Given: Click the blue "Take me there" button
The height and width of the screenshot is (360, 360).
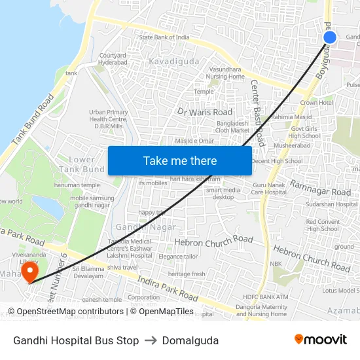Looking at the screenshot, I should tap(180, 160).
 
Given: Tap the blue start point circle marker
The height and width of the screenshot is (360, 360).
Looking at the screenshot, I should tap(330, 37).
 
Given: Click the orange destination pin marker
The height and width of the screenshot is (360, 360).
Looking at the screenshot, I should tap(29, 271).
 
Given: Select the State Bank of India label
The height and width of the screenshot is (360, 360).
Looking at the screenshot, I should tap(164, 37).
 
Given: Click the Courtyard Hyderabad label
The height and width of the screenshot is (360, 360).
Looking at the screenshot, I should tap(113, 60).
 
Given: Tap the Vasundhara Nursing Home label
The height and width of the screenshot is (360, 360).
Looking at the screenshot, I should tap(226, 73).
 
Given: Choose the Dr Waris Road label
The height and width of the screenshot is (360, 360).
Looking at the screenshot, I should tap(205, 112).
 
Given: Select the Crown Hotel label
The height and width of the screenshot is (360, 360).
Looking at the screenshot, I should tap(317, 103).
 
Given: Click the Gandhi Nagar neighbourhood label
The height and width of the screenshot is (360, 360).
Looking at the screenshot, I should tap(146, 226).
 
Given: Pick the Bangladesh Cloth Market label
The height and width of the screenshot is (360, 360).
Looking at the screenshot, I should tap(233, 127).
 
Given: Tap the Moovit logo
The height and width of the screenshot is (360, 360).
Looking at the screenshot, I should tap(321, 340).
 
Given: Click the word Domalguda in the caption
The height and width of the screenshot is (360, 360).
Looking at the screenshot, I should tap(190, 340).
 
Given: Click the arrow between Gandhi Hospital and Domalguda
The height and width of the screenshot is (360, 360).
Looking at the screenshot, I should tap(151, 340).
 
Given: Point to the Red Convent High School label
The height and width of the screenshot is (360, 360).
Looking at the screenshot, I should tap(323, 226).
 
